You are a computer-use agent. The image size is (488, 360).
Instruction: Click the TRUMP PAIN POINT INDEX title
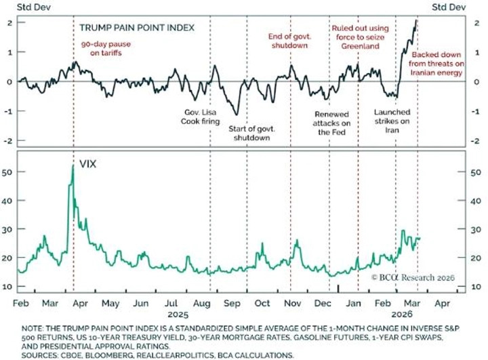137,28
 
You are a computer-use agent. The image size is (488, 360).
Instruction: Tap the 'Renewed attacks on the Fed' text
332,123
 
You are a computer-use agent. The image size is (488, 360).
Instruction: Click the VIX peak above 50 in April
73,165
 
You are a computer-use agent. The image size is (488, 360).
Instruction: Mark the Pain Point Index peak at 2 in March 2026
416,21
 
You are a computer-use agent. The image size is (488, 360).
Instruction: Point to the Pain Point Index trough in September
236,114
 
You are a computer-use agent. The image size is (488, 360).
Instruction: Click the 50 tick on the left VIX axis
9,173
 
